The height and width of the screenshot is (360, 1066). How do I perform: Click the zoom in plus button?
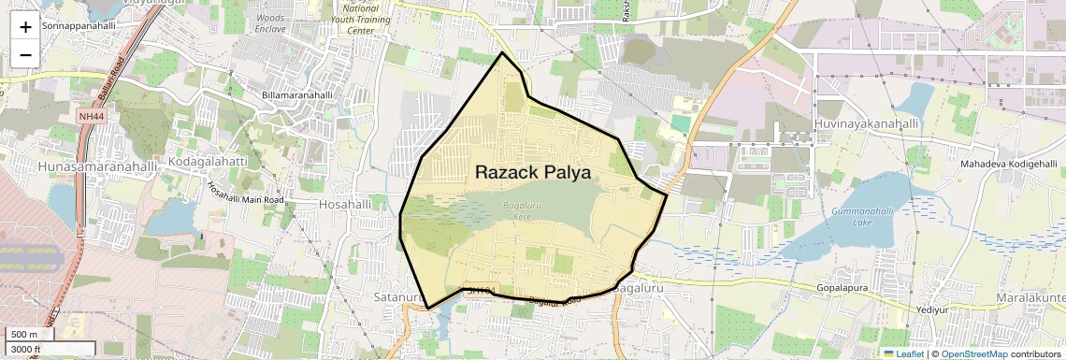click(25, 26)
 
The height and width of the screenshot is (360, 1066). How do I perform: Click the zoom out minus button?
click(25, 54)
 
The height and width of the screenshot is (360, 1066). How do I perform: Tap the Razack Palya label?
click(533, 172)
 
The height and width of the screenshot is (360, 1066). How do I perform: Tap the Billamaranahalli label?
click(296, 95)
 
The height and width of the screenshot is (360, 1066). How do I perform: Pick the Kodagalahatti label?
click(207, 162)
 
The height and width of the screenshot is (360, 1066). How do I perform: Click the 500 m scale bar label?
click(24, 335)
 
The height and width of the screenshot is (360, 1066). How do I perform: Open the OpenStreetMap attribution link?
click(973, 353)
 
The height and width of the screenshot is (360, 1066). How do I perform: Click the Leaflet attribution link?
click(904, 353)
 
